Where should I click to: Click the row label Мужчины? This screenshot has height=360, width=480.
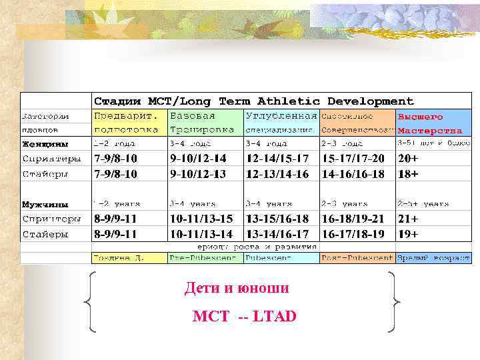(x=43, y=204)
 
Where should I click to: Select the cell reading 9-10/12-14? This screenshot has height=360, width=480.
(x=198, y=159)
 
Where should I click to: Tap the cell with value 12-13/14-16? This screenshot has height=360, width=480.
(x=277, y=174)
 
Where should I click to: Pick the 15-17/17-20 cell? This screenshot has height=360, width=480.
(x=353, y=159)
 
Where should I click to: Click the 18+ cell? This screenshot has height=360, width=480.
(x=408, y=174)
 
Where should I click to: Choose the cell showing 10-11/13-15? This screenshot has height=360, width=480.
(x=201, y=219)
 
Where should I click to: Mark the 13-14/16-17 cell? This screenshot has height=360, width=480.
(x=277, y=234)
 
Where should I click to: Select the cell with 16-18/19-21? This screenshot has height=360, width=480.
(x=353, y=219)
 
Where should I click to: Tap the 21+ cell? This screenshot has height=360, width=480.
(x=408, y=219)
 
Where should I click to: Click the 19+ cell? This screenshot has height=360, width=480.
(x=408, y=234)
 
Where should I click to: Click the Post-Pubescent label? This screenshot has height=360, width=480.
(x=355, y=258)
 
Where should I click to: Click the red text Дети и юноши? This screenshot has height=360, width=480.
(x=237, y=289)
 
